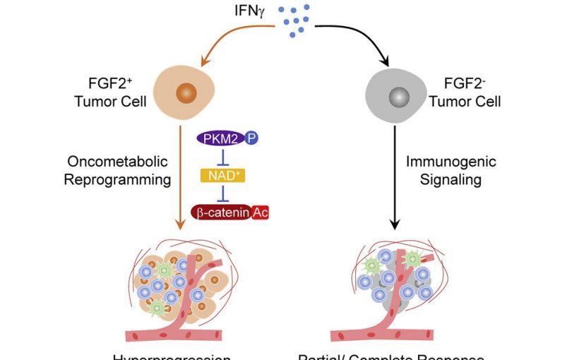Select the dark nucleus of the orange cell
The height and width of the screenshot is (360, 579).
(x=186, y=92)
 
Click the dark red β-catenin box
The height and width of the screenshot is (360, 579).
(x=220, y=211)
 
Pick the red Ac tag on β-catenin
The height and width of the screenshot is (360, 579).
(x=259, y=211)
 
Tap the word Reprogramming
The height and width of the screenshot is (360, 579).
(x=117, y=179)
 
